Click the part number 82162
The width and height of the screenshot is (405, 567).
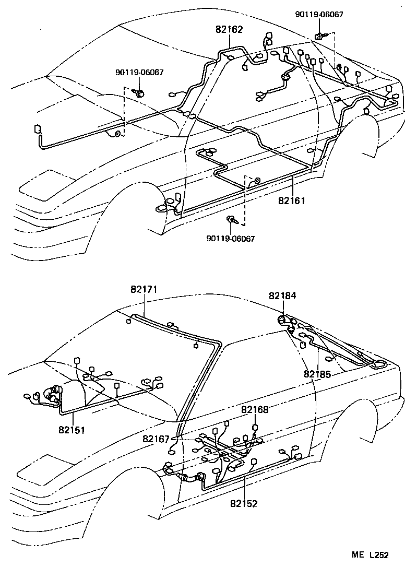(x=229, y=30)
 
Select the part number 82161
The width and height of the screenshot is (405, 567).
(x=291, y=200)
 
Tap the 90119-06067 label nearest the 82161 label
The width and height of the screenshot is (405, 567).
(x=231, y=239)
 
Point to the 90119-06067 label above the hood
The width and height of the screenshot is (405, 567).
(x=139, y=73)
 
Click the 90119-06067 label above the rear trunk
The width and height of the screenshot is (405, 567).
(x=319, y=15)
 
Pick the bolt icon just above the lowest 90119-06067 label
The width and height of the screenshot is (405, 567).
(x=233, y=220)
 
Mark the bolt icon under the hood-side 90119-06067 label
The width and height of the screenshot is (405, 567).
(x=139, y=93)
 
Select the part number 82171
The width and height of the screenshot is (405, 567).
(x=144, y=289)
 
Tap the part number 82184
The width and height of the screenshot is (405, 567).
(x=282, y=296)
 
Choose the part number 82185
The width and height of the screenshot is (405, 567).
(x=318, y=374)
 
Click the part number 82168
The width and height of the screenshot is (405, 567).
(x=255, y=410)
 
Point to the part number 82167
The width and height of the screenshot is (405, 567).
(x=155, y=439)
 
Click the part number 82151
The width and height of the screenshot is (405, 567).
(x=72, y=430)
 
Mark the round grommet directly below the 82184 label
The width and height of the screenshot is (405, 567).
(x=282, y=320)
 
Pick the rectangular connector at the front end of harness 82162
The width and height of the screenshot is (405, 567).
(x=38, y=129)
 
